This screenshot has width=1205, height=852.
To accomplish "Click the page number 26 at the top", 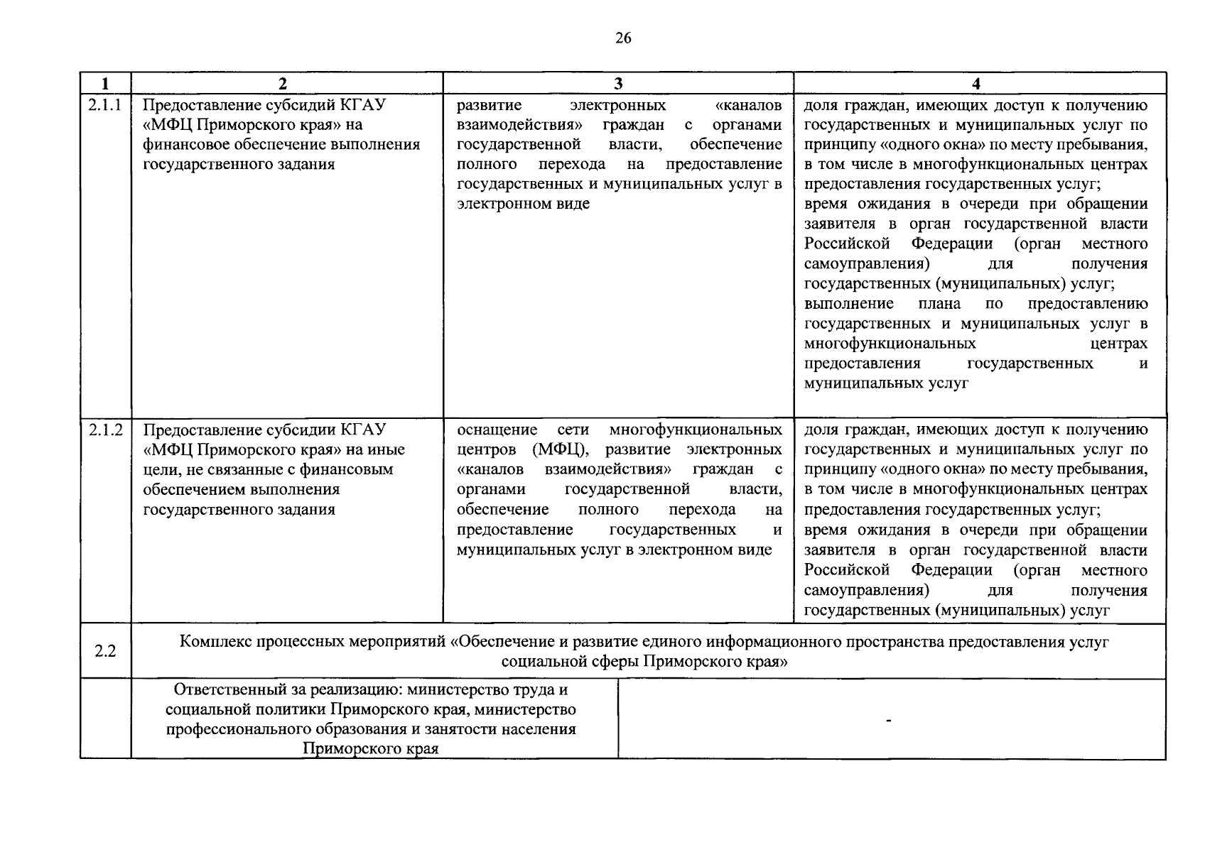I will click(622, 38).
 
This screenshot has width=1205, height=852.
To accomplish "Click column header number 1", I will click(105, 84).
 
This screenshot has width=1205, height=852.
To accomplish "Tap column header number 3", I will click(618, 84).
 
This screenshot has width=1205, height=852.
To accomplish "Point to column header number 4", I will click(976, 84).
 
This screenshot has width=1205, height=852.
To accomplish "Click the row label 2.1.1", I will click(105, 105).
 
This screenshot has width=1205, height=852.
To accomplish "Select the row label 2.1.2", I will click(105, 430).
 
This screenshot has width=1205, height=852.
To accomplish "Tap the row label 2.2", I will click(105, 651).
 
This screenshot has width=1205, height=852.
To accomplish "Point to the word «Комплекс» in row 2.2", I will click(212, 642).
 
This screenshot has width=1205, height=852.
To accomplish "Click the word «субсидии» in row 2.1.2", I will click(299, 430).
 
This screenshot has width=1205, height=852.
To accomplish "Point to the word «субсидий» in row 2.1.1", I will click(299, 106).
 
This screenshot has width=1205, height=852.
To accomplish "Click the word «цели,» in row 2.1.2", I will click(161, 470).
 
